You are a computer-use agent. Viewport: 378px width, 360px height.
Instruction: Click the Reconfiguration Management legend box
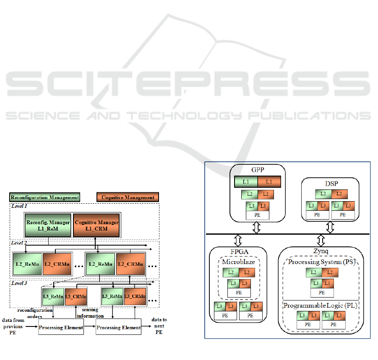(x=44, y=197)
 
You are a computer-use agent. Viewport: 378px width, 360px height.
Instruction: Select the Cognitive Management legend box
(x=128, y=197)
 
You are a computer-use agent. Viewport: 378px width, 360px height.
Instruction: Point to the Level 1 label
(x=19, y=206)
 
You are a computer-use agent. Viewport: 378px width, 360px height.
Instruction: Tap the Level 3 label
(x=19, y=284)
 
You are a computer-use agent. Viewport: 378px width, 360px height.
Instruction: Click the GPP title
(x=257, y=171)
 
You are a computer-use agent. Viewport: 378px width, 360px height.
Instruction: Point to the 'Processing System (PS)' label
(x=321, y=262)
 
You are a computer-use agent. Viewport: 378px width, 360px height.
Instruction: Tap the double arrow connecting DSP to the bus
(x=330, y=227)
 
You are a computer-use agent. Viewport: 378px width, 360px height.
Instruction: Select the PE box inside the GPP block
(x=258, y=215)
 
